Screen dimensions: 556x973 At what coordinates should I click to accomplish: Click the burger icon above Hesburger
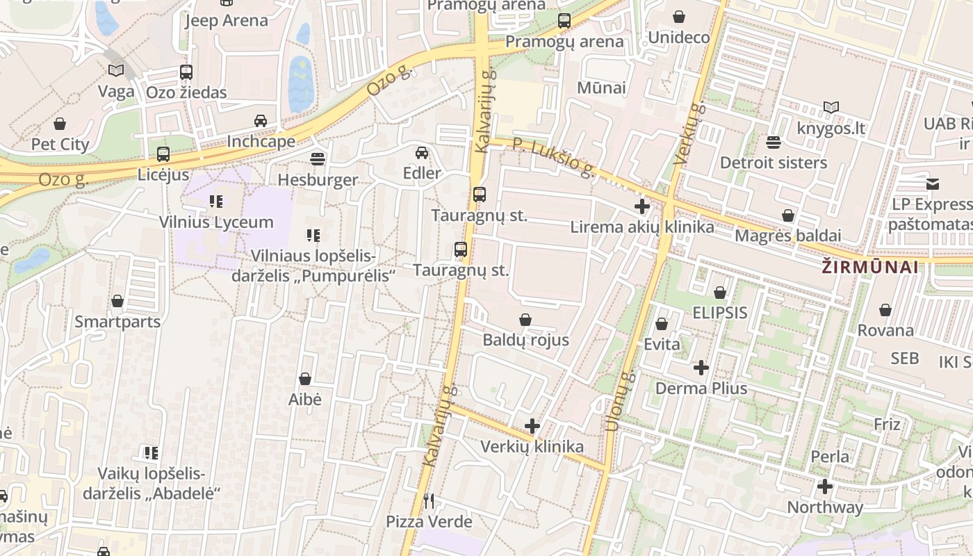pyautogui.click(x=318, y=159)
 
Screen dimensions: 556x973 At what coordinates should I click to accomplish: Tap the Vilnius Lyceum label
pyautogui.click(x=216, y=222)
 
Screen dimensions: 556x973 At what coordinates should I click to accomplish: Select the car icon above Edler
pyautogui.click(x=422, y=153)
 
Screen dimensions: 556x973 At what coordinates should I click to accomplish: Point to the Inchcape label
pyautogui.click(x=261, y=141)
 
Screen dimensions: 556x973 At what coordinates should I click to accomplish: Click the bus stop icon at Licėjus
pyautogui.click(x=163, y=154)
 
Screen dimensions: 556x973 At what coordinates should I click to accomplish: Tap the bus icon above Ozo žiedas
pyautogui.click(x=186, y=72)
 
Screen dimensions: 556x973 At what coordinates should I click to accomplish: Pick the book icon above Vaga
pyautogui.click(x=116, y=70)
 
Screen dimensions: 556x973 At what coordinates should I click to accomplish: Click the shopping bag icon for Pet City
pyautogui.click(x=60, y=124)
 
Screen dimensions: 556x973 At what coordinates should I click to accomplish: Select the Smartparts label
pyautogui.click(x=117, y=322)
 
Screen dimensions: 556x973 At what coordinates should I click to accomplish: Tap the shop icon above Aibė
pyautogui.click(x=304, y=379)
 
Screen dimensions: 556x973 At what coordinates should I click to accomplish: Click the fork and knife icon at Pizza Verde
pyautogui.click(x=429, y=500)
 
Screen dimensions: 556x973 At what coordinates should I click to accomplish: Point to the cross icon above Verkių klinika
pyautogui.click(x=532, y=425)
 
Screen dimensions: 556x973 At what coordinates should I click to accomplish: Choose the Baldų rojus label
pyautogui.click(x=525, y=340)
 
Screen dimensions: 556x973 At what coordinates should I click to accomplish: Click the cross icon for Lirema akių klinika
pyautogui.click(x=642, y=206)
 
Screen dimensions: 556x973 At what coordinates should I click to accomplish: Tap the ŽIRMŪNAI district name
pyautogui.click(x=869, y=267)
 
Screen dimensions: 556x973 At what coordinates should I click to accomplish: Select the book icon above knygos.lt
pyautogui.click(x=831, y=107)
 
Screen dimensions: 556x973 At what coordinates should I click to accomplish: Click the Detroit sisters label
pyautogui.click(x=774, y=163)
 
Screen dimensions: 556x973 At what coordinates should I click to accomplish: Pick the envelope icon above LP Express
pyautogui.click(x=932, y=183)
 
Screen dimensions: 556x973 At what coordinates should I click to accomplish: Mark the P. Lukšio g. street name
pyautogui.click(x=553, y=157)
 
